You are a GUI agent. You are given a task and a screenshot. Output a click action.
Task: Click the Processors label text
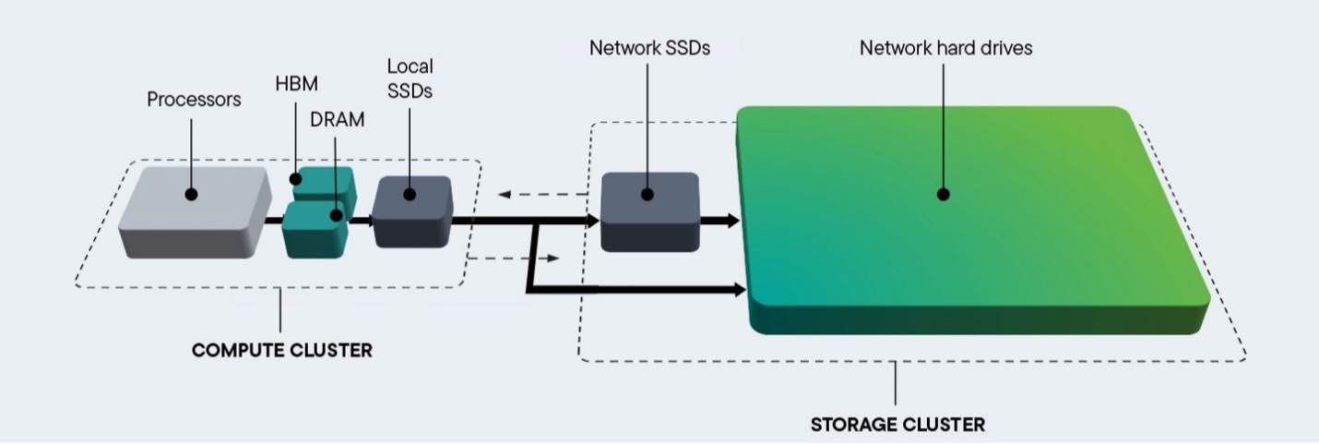(x=194, y=100)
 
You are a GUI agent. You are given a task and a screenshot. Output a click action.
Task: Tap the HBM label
(x=296, y=84)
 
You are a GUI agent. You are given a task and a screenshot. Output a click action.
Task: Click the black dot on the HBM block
(x=296, y=178)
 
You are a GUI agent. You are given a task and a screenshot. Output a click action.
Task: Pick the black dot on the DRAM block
(x=337, y=216)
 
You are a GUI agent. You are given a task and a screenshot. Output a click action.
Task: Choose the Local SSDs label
(x=410, y=78)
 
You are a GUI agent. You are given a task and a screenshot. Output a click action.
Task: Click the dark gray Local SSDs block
(x=412, y=212)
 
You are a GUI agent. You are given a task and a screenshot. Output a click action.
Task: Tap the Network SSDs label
(x=649, y=48)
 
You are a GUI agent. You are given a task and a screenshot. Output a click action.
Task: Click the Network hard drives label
(x=945, y=48)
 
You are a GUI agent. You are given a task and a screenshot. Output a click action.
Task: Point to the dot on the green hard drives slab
(x=944, y=195)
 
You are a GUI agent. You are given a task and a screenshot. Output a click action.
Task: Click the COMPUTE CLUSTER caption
(x=281, y=351)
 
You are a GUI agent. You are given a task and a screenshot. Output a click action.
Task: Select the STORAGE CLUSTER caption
(x=897, y=426)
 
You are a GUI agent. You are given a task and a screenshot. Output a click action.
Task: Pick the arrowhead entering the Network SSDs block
(x=592, y=221)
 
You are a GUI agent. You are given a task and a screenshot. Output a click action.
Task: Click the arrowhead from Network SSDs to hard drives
(x=732, y=221)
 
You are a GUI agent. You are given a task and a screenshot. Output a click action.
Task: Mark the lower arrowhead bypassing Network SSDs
(x=738, y=290)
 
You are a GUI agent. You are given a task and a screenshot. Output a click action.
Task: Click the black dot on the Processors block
(x=191, y=195)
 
